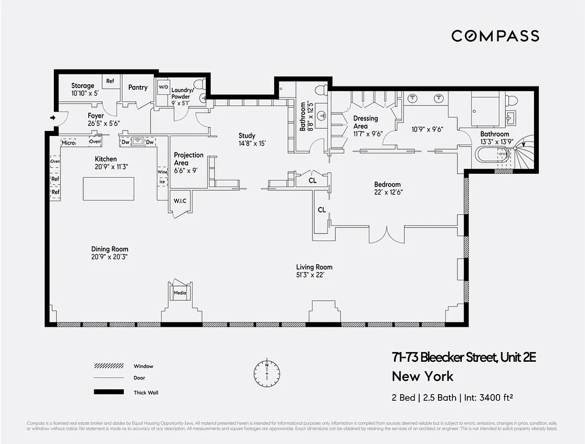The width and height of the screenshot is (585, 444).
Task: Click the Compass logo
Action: pos(495,36)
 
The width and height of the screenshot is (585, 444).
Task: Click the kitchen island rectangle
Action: pos(109,189)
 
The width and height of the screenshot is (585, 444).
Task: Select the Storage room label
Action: pos(83,86)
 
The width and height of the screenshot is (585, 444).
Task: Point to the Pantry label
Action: pos(138,87)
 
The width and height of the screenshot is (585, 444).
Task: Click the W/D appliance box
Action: pos(163,88)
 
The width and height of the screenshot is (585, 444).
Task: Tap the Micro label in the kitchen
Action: pos(68,143)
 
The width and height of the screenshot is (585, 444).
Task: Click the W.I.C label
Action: pos(180,201)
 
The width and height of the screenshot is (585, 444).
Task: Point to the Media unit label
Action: pos(180,292)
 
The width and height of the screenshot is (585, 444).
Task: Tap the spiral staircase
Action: pos(523,154)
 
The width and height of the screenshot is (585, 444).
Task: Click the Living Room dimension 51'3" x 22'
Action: pos(314,275)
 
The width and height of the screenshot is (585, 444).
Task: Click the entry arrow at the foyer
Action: pos(53,118)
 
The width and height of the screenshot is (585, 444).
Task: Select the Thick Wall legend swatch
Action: pos(108,392)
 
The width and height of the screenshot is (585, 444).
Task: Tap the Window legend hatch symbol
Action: pos(108,366)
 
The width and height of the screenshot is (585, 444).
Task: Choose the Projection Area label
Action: pos(189,155)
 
